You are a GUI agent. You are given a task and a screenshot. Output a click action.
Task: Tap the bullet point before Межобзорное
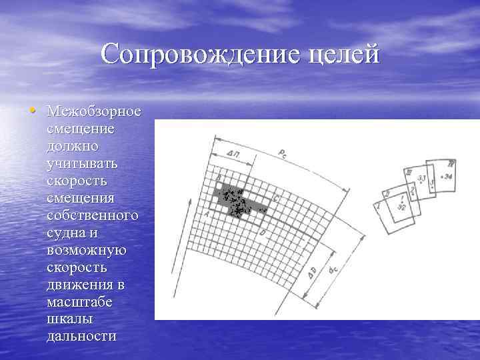pyautogui.click(x=39, y=109)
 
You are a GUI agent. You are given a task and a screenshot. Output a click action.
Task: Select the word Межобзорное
pyautogui.click(x=93, y=110)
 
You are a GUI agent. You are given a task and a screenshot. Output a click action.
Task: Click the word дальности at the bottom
pyautogui.click(x=81, y=336)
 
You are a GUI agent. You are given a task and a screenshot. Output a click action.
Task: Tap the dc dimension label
pyautogui.click(x=331, y=273)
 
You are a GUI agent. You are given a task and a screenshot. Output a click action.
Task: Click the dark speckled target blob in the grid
pyautogui.click(x=235, y=198)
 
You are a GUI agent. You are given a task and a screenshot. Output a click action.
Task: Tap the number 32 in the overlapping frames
pyautogui.click(x=401, y=207)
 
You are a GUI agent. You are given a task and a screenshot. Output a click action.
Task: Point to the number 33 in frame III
pyautogui.click(x=421, y=179)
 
